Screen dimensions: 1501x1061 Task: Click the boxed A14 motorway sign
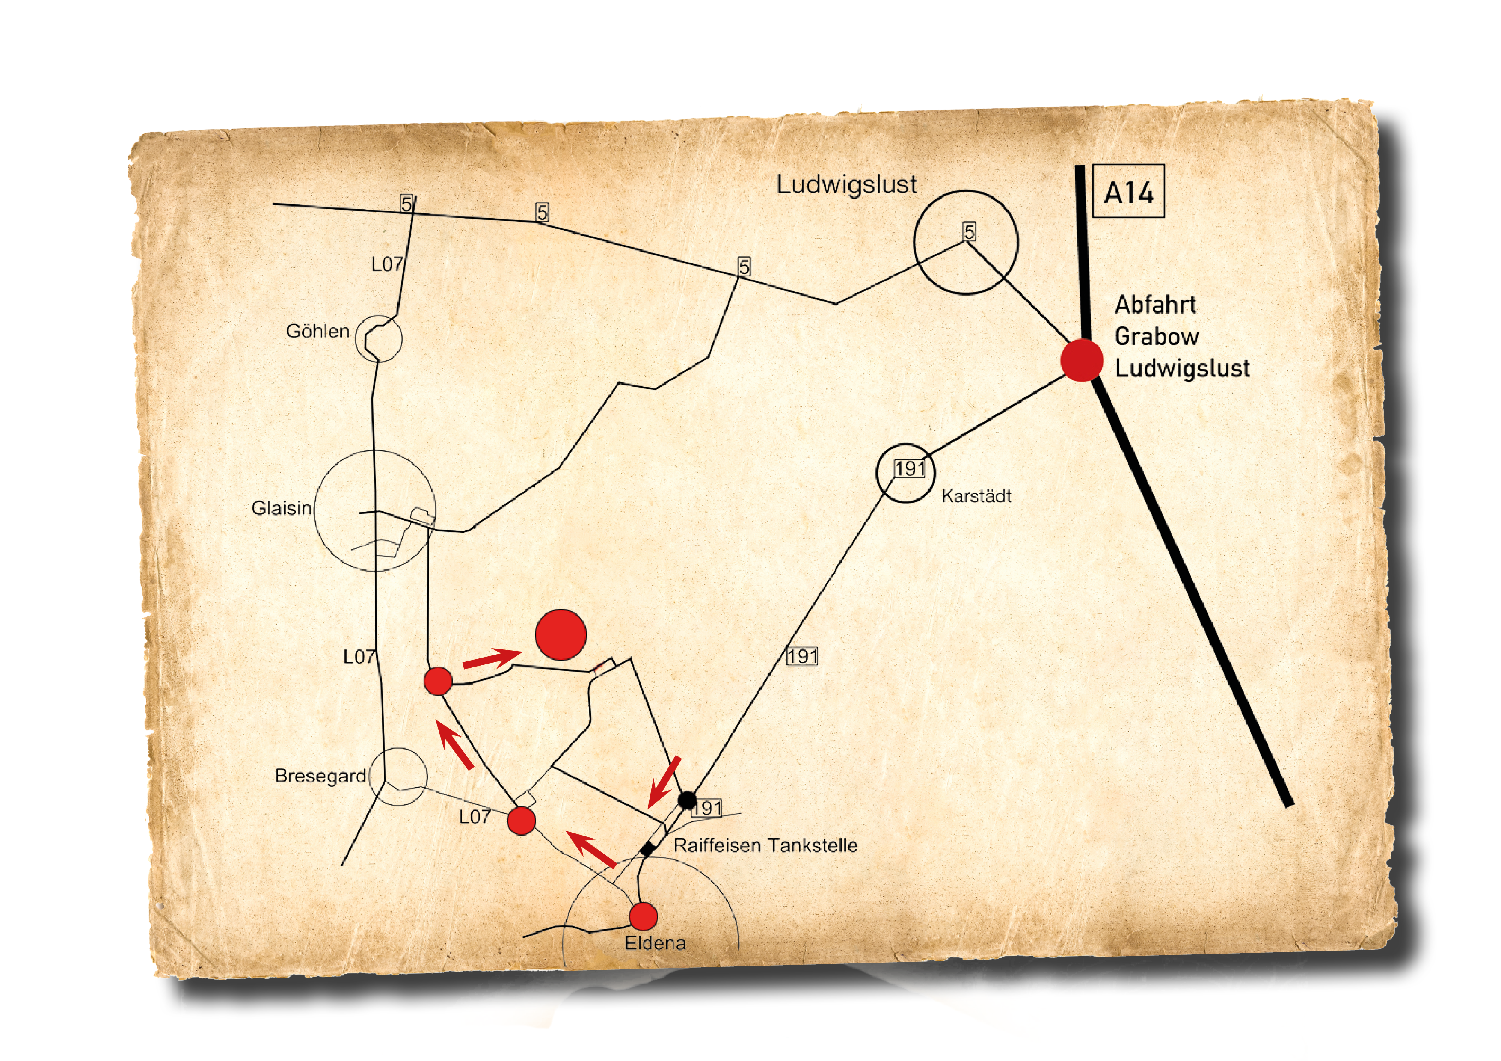click(1128, 191)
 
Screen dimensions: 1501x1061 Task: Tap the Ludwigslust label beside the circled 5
click(847, 184)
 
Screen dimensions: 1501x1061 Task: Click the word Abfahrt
click(1155, 305)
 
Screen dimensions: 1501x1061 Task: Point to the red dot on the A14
click(1082, 360)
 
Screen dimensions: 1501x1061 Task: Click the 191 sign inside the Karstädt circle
click(909, 469)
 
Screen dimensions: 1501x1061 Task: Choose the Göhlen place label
click(318, 332)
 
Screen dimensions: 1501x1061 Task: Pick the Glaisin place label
click(281, 508)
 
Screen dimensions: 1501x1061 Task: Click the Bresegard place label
click(320, 776)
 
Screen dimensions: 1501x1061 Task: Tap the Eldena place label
click(655, 943)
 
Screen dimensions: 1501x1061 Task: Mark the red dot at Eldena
click(643, 916)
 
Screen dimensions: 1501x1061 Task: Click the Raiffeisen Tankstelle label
click(765, 845)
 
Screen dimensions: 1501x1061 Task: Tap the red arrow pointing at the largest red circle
click(492, 658)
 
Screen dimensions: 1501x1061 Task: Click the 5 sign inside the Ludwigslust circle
click(969, 231)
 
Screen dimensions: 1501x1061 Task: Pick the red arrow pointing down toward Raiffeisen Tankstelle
click(664, 782)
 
